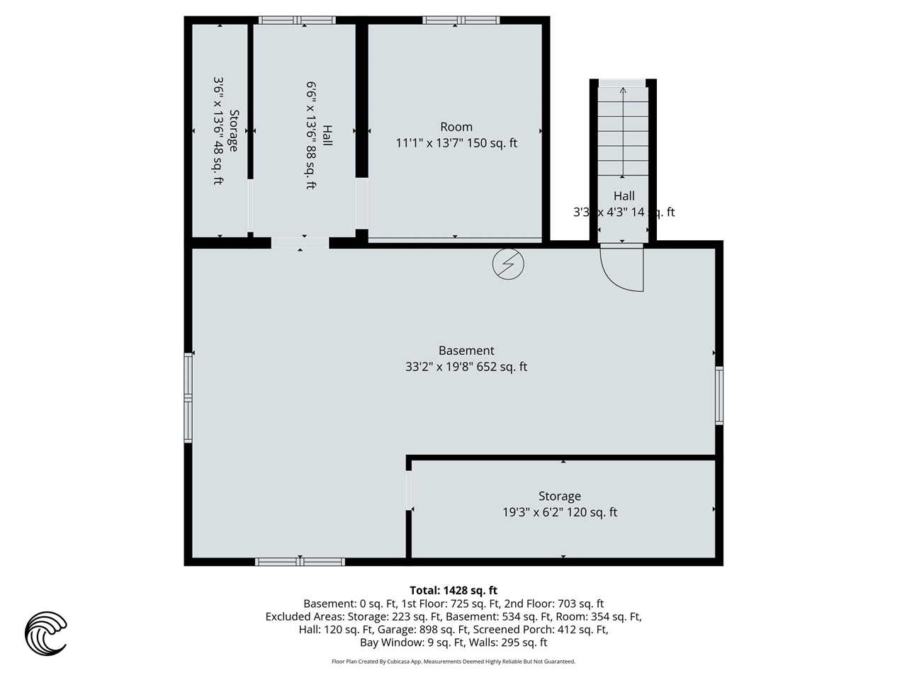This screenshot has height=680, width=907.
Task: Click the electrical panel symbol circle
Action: coord(508,264)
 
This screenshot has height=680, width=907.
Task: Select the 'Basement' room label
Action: coord(466,351)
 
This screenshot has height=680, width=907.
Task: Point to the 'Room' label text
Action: coord(456,127)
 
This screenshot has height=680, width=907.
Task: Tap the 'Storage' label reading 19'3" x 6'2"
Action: coord(559,497)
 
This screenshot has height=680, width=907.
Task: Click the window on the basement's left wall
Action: coord(188,399)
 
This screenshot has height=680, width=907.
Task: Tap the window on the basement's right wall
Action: coord(719,395)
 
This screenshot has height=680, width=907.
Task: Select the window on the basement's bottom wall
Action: coord(300,562)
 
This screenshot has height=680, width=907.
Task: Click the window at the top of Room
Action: coord(461,20)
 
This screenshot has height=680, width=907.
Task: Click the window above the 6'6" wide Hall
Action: coord(297,20)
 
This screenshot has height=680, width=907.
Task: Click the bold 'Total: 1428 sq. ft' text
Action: coord(453,590)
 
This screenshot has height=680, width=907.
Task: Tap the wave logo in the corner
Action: coord(46,633)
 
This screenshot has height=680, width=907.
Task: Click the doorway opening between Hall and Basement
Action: coord(300,243)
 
